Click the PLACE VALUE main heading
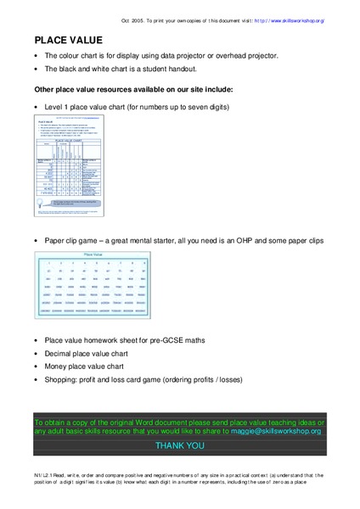(69, 40)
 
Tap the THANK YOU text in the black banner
(179, 445)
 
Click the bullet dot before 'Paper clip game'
(36, 242)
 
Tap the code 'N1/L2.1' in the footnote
(46, 475)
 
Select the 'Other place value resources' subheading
(133, 88)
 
